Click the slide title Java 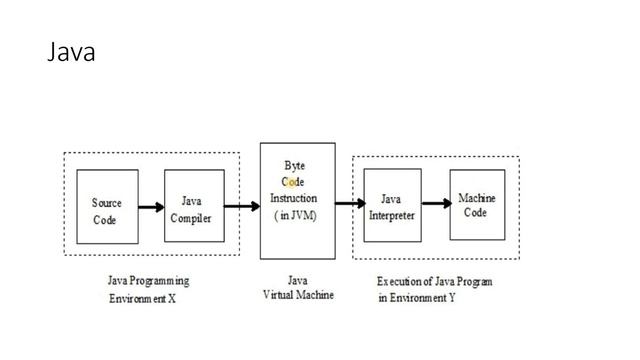[x=71, y=53]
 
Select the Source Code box [x=107, y=208]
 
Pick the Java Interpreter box [x=391, y=206]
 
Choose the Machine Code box [x=476, y=205]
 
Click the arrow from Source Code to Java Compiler [x=151, y=208]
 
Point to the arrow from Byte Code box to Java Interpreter [x=350, y=204]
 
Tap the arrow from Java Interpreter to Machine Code [x=435, y=204]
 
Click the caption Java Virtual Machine [x=297, y=288]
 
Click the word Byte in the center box [x=295, y=164]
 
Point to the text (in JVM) [x=295, y=216]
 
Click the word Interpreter [x=391, y=215]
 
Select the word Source [x=106, y=202]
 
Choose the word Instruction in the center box [x=295, y=198]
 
